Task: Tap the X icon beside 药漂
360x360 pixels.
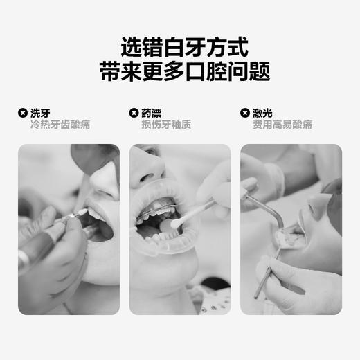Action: pyautogui.click(x=134, y=113)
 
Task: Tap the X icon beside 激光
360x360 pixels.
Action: pyautogui.click(x=244, y=113)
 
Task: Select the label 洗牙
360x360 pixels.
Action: pyautogui.click(x=40, y=113)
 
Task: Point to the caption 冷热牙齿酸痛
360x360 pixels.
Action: pyautogui.click(x=60, y=125)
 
